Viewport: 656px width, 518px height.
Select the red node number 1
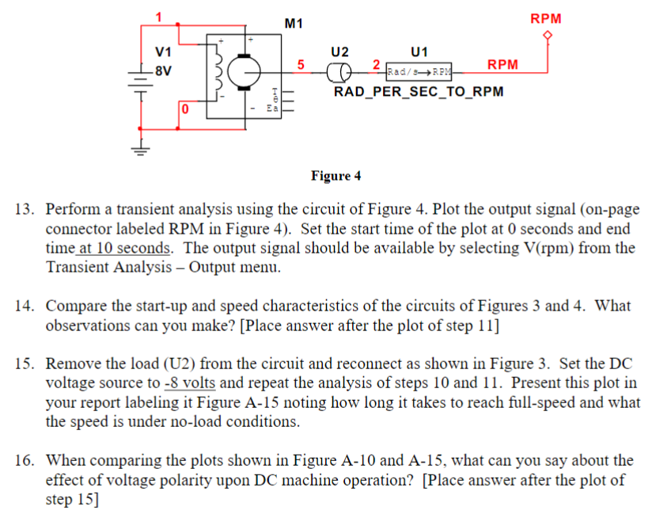pyautogui.click(x=158, y=17)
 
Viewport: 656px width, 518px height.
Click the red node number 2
pyautogui.click(x=377, y=63)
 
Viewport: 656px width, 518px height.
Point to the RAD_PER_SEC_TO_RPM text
pyautogui.click(x=419, y=92)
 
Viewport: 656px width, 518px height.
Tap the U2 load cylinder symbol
pyautogui.click(x=339, y=74)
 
